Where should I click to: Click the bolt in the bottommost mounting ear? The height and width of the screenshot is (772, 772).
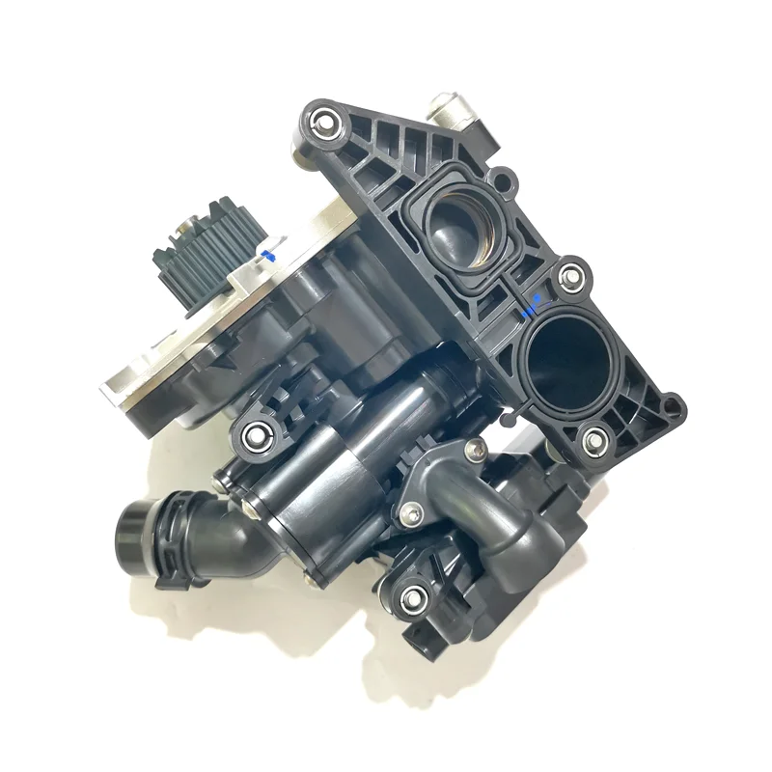click(415, 596)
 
